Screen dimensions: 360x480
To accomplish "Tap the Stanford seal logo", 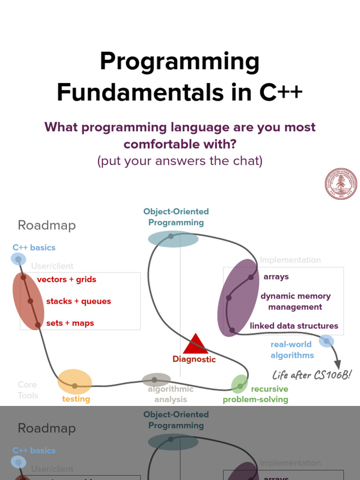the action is coord(341,184).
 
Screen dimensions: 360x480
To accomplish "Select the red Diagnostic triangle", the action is coord(195,345).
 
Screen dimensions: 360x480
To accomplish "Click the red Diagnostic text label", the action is coord(194,360).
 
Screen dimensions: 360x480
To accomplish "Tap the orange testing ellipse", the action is coord(75,382).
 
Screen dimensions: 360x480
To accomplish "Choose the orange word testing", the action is coord(76,399).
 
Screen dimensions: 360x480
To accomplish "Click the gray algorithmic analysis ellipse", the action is coord(156,380).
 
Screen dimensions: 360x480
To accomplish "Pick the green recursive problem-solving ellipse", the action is coord(240,384).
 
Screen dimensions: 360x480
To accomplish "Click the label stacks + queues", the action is coord(78,301).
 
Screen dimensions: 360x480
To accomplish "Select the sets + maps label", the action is coord(70,323).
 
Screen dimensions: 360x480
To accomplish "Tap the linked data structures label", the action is coord(294,326).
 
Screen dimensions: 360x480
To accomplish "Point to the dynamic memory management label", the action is coord(295,301).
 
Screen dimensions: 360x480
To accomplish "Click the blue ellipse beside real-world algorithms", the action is coord(326,341).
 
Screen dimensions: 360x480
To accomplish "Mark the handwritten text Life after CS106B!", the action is coord(312,375).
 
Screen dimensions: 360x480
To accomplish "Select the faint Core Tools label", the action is coord(28,390).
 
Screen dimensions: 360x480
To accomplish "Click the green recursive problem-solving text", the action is coord(256,394).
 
